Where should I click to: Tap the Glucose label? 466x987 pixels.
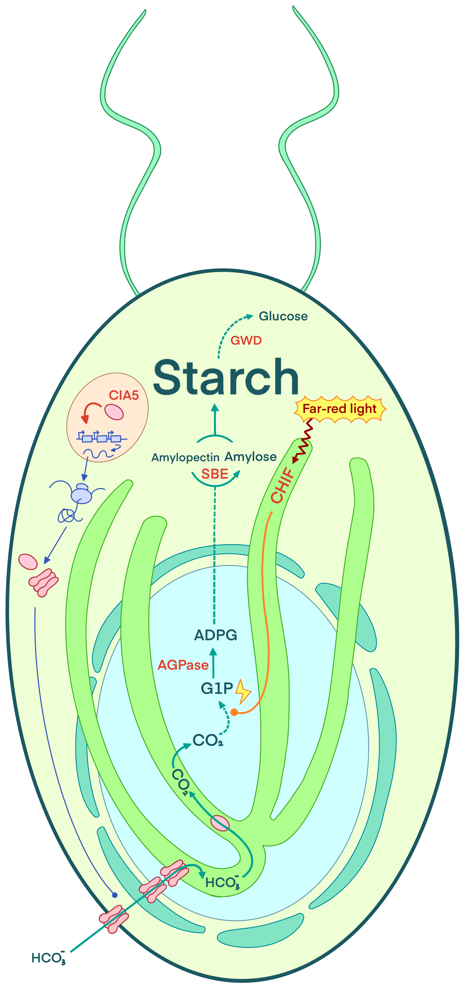283,316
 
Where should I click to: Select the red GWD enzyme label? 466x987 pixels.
246,340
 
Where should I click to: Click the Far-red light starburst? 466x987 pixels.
340,409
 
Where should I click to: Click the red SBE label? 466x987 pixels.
215,474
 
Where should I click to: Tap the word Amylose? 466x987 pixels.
250,457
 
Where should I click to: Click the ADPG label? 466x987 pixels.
216,635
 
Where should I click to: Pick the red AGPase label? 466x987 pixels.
183,665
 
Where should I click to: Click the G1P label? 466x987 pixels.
217,689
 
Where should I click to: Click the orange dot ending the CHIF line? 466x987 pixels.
234,712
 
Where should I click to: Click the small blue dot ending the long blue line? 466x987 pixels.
114,895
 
